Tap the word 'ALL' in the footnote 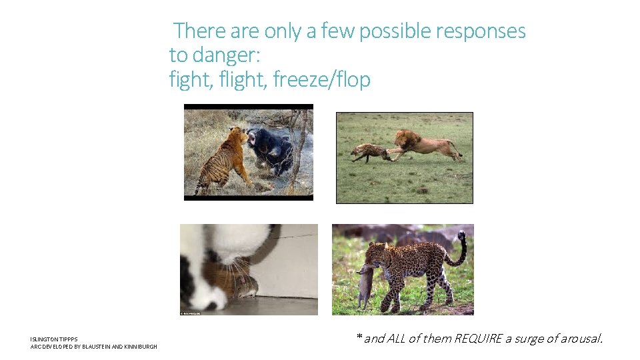point(396,339)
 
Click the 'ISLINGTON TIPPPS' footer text point(54,339)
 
